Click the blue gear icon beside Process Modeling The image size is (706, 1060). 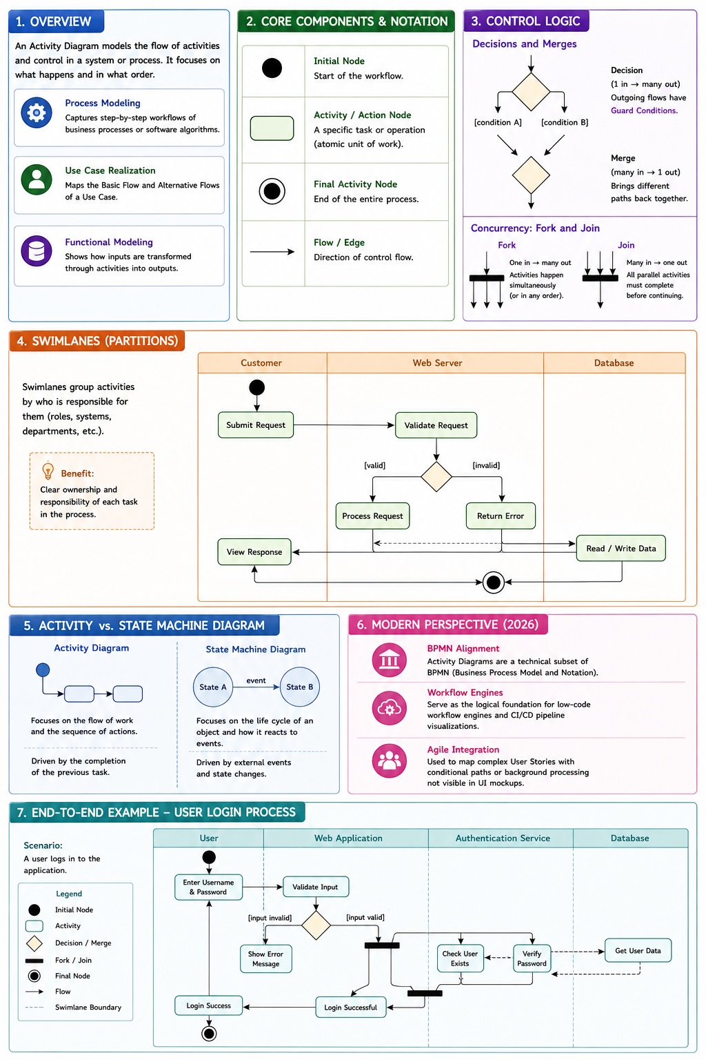coord(37,112)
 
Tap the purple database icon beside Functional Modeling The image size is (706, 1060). coord(37,251)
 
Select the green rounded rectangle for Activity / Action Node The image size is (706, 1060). coord(272,128)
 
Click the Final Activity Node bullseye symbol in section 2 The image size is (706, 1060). coord(272,191)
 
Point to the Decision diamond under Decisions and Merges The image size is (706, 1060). coord(531,91)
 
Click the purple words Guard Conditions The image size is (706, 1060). coord(644,110)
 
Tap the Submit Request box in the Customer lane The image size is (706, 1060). coord(255,425)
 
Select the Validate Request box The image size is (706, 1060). coord(436,425)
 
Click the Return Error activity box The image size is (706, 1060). coord(501,516)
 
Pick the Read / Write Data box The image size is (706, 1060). coord(621,549)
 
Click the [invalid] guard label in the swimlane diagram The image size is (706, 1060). coord(486,466)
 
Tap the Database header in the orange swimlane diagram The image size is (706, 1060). coord(614,363)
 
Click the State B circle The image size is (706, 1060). coord(300,687)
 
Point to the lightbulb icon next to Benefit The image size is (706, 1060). coord(48,471)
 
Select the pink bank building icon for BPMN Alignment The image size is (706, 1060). coord(389,660)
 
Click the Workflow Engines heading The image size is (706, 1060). coord(465,693)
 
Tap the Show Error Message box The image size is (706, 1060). coord(265,959)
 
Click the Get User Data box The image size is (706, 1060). coord(638,951)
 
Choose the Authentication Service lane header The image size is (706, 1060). coord(503,838)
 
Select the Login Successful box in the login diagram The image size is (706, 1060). coord(350,1008)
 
